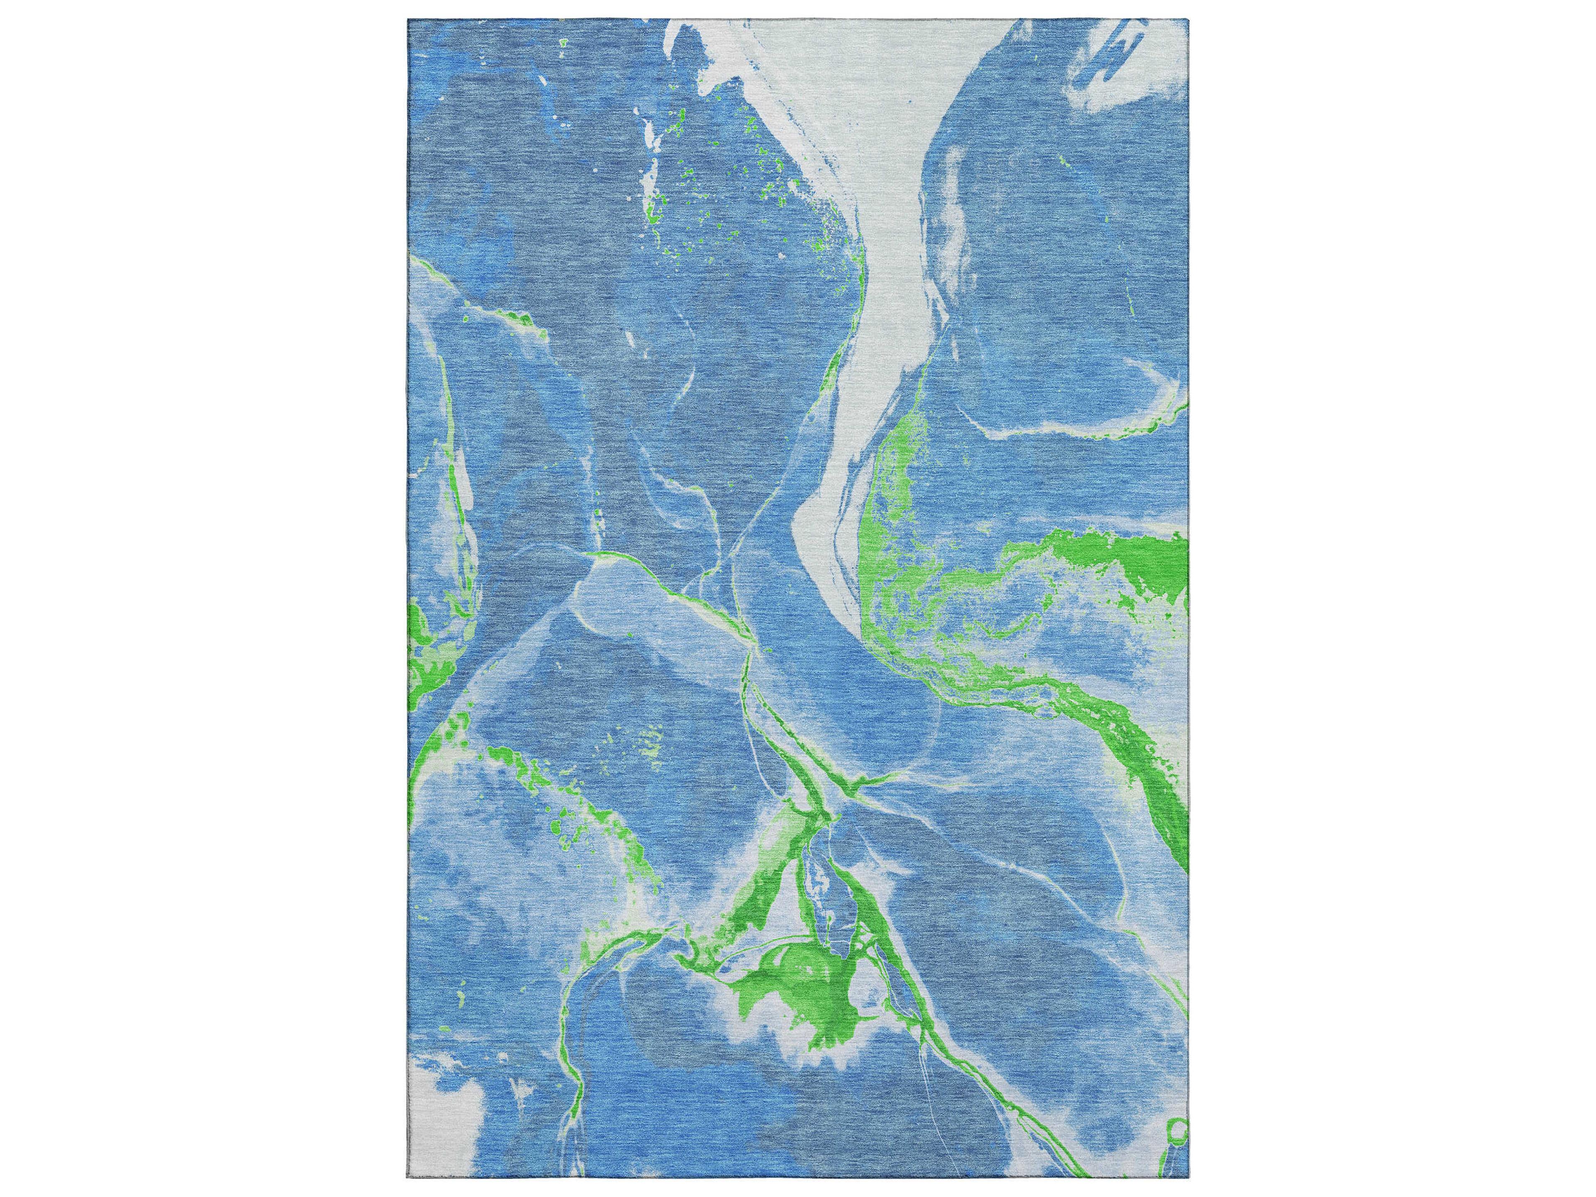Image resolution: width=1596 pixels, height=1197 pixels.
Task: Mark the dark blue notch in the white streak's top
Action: (x=689, y=51)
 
